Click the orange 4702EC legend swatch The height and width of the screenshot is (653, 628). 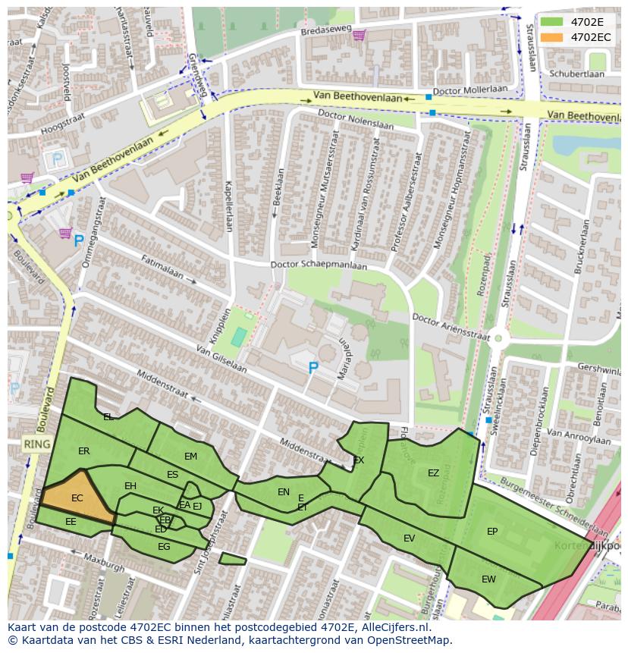(551, 37)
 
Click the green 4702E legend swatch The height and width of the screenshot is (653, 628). (551, 22)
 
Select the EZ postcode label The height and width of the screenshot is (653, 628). (433, 473)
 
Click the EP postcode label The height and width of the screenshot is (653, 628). (492, 532)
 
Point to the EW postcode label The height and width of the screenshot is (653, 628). (488, 579)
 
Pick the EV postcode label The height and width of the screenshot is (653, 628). (409, 538)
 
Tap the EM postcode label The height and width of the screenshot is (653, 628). (190, 457)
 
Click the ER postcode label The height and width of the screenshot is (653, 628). (83, 451)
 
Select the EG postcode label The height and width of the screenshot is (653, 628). (164, 547)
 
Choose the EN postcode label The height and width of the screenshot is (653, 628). (284, 492)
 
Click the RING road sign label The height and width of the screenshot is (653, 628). (36, 444)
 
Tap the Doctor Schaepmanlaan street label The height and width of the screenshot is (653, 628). (319, 265)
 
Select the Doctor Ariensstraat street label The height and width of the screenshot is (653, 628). (451, 326)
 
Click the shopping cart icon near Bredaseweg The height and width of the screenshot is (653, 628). (359, 34)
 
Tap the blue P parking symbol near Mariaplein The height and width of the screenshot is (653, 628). (312, 368)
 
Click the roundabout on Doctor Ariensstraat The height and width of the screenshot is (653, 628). (498, 339)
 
